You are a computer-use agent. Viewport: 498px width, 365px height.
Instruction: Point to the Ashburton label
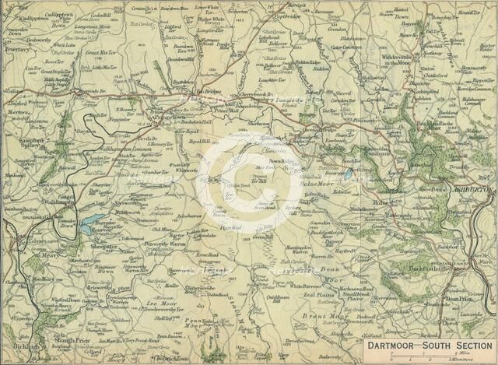pos(469,188)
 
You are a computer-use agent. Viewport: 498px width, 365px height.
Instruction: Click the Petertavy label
pos(16,48)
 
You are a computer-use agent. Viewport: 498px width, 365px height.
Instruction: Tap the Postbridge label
pos(288,15)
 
